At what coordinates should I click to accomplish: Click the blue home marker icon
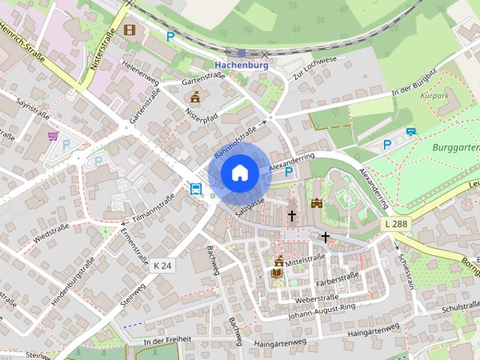tap(239, 173)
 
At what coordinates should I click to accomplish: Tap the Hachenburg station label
tap(240, 65)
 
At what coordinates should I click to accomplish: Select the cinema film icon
tap(130, 30)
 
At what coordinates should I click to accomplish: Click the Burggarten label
tap(455, 148)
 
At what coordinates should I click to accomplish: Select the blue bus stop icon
tap(196, 188)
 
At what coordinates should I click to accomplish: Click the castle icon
tap(316, 202)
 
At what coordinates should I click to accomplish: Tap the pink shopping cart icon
tap(52, 136)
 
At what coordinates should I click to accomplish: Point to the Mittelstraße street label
tap(304, 256)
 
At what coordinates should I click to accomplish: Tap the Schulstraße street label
tap(460, 307)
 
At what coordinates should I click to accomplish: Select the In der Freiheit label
tap(167, 340)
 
